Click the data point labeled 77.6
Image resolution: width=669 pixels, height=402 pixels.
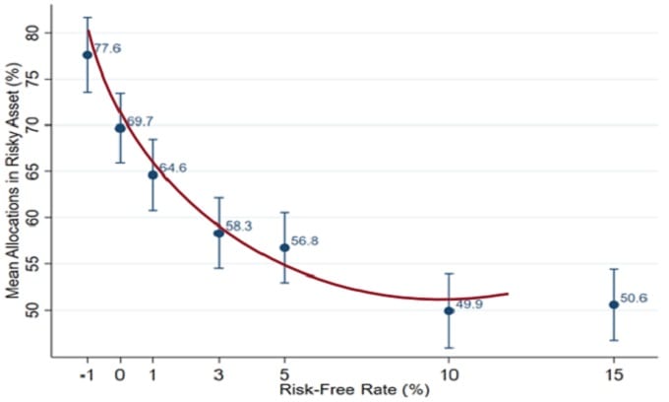click(88, 55)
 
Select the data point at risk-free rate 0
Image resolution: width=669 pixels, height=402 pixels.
click(120, 128)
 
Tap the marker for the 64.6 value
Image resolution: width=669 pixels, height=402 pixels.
click(152, 174)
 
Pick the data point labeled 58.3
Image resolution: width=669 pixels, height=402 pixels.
click(218, 233)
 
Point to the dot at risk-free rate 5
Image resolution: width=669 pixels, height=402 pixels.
click(284, 247)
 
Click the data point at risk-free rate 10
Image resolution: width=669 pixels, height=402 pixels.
click(449, 310)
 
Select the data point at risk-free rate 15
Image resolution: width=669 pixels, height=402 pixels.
click(614, 304)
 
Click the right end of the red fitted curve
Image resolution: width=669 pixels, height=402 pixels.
click(508, 294)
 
